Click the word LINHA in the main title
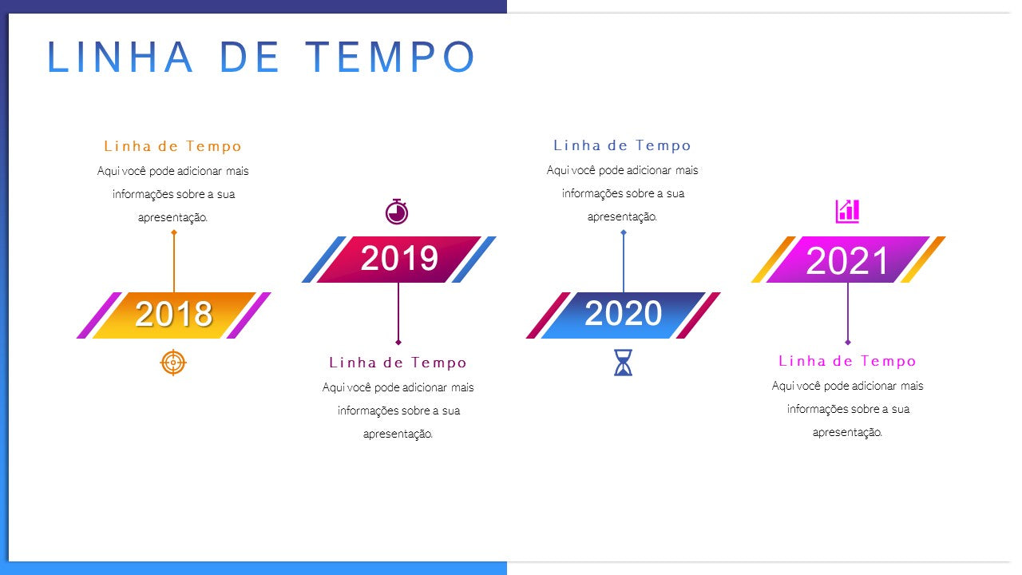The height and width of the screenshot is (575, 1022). [121, 57]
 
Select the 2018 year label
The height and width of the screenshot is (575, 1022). [174, 314]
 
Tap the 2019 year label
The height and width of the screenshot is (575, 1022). [399, 258]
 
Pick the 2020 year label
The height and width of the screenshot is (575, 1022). [624, 314]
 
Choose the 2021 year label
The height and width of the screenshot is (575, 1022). [847, 260]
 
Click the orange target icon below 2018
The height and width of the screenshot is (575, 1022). [173, 363]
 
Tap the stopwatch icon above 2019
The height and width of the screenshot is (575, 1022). [397, 212]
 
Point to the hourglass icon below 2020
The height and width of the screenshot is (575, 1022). [624, 363]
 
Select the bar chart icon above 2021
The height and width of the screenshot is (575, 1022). [847, 212]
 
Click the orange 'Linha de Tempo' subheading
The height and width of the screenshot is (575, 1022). [173, 146]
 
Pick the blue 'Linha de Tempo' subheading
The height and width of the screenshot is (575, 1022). [622, 145]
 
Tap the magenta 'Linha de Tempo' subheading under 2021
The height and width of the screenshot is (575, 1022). [847, 361]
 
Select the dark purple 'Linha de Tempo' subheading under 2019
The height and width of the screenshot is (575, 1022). [398, 363]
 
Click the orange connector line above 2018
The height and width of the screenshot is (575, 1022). [174, 264]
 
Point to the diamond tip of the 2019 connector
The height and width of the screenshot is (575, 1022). [398, 342]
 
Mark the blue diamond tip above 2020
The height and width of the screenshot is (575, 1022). [624, 232]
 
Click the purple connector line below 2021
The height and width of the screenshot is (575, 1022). [848, 311]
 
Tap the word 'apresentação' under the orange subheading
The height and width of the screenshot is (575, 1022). [173, 218]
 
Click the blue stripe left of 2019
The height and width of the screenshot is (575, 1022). [324, 260]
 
